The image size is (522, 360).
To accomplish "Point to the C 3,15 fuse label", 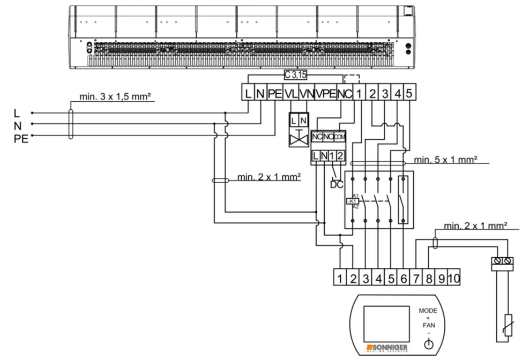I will pos(296,74).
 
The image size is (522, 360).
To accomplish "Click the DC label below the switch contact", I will pos(337,185).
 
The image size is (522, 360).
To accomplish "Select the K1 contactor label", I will pos(353,201).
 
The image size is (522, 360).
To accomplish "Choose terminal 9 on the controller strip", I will pos(441,278).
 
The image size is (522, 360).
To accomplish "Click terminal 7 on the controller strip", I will pos(416,278).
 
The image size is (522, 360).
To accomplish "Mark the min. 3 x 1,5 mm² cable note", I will pos(115,96).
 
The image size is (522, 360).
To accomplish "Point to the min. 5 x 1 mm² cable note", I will pos(445,159).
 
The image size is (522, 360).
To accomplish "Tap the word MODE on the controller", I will pos(428,311).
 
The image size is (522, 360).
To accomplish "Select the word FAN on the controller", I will pos(428,325).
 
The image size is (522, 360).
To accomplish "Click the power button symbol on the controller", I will pos(428,344).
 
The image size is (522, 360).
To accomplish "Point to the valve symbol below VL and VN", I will pos(299,138).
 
